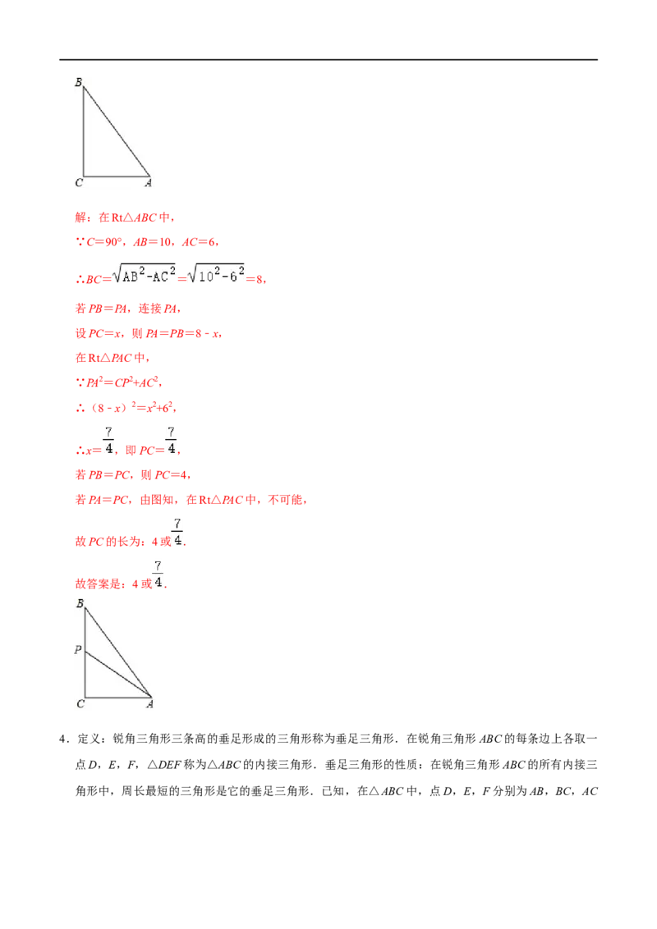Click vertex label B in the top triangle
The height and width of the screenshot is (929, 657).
(78, 82)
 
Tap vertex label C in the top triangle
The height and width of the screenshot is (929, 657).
(79, 183)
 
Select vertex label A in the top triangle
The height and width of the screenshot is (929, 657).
(149, 183)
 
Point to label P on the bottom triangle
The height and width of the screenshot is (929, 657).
(78, 649)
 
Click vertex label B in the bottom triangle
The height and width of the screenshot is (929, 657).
(80, 604)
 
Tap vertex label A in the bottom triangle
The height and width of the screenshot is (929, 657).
(150, 704)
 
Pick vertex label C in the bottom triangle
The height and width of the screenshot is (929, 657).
(80, 704)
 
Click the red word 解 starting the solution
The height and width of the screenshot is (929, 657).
(80, 217)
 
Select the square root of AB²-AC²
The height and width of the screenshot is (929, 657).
(144, 274)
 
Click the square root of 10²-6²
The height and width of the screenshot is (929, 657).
(216, 274)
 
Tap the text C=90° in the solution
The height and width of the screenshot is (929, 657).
(104, 242)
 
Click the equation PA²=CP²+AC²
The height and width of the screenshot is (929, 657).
(122, 382)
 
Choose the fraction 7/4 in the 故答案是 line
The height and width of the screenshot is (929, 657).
(158, 574)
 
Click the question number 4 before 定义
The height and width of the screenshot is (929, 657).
(62, 739)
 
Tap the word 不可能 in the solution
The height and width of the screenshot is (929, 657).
(285, 500)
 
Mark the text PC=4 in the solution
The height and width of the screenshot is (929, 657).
(171, 475)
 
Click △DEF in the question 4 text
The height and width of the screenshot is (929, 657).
(164, 765)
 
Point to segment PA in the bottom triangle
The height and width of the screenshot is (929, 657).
(118, 675)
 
